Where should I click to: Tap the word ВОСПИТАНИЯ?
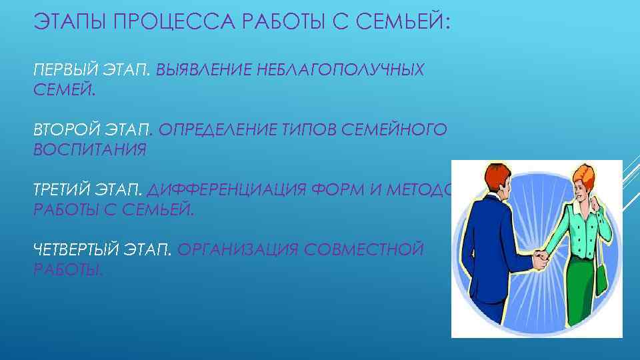pyautogui.click(x=89, y=149)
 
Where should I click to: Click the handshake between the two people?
pyautogui.click(x=539, y=257)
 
